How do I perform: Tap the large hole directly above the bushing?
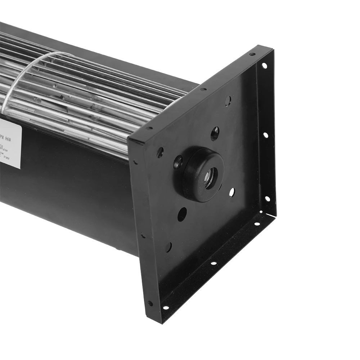215,134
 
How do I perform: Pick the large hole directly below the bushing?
182,214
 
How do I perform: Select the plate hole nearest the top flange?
228,101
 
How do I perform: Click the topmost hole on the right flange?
264,66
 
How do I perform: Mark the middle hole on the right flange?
265,135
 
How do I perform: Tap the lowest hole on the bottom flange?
165,308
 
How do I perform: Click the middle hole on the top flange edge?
203,90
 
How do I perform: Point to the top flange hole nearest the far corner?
252,54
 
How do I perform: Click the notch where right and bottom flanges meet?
271,212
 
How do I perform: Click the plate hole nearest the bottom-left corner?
168,247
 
